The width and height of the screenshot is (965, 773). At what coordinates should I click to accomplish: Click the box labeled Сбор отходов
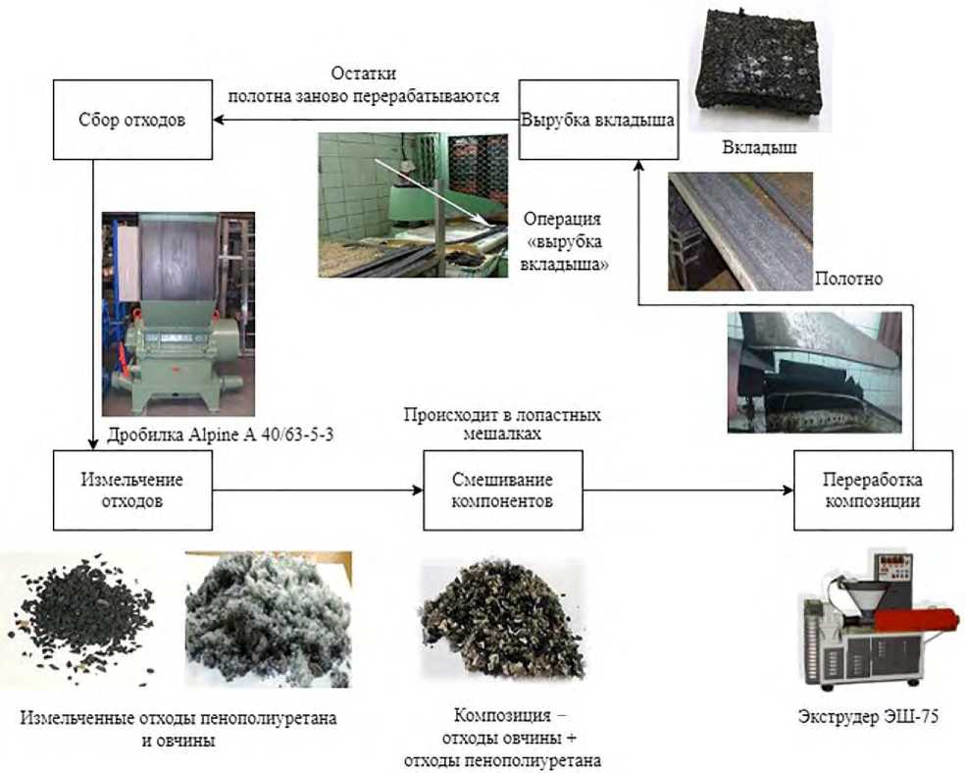point(131,121)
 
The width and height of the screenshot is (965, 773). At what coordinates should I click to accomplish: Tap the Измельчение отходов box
point(132,488)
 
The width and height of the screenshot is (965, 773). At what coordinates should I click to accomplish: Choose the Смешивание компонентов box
point(502,489)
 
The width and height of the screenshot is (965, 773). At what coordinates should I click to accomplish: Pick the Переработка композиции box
point(872,489)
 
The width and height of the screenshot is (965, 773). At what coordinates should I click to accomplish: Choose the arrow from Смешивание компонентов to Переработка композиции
point(686,489)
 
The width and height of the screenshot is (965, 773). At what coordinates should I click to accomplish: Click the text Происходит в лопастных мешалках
point(502,424)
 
